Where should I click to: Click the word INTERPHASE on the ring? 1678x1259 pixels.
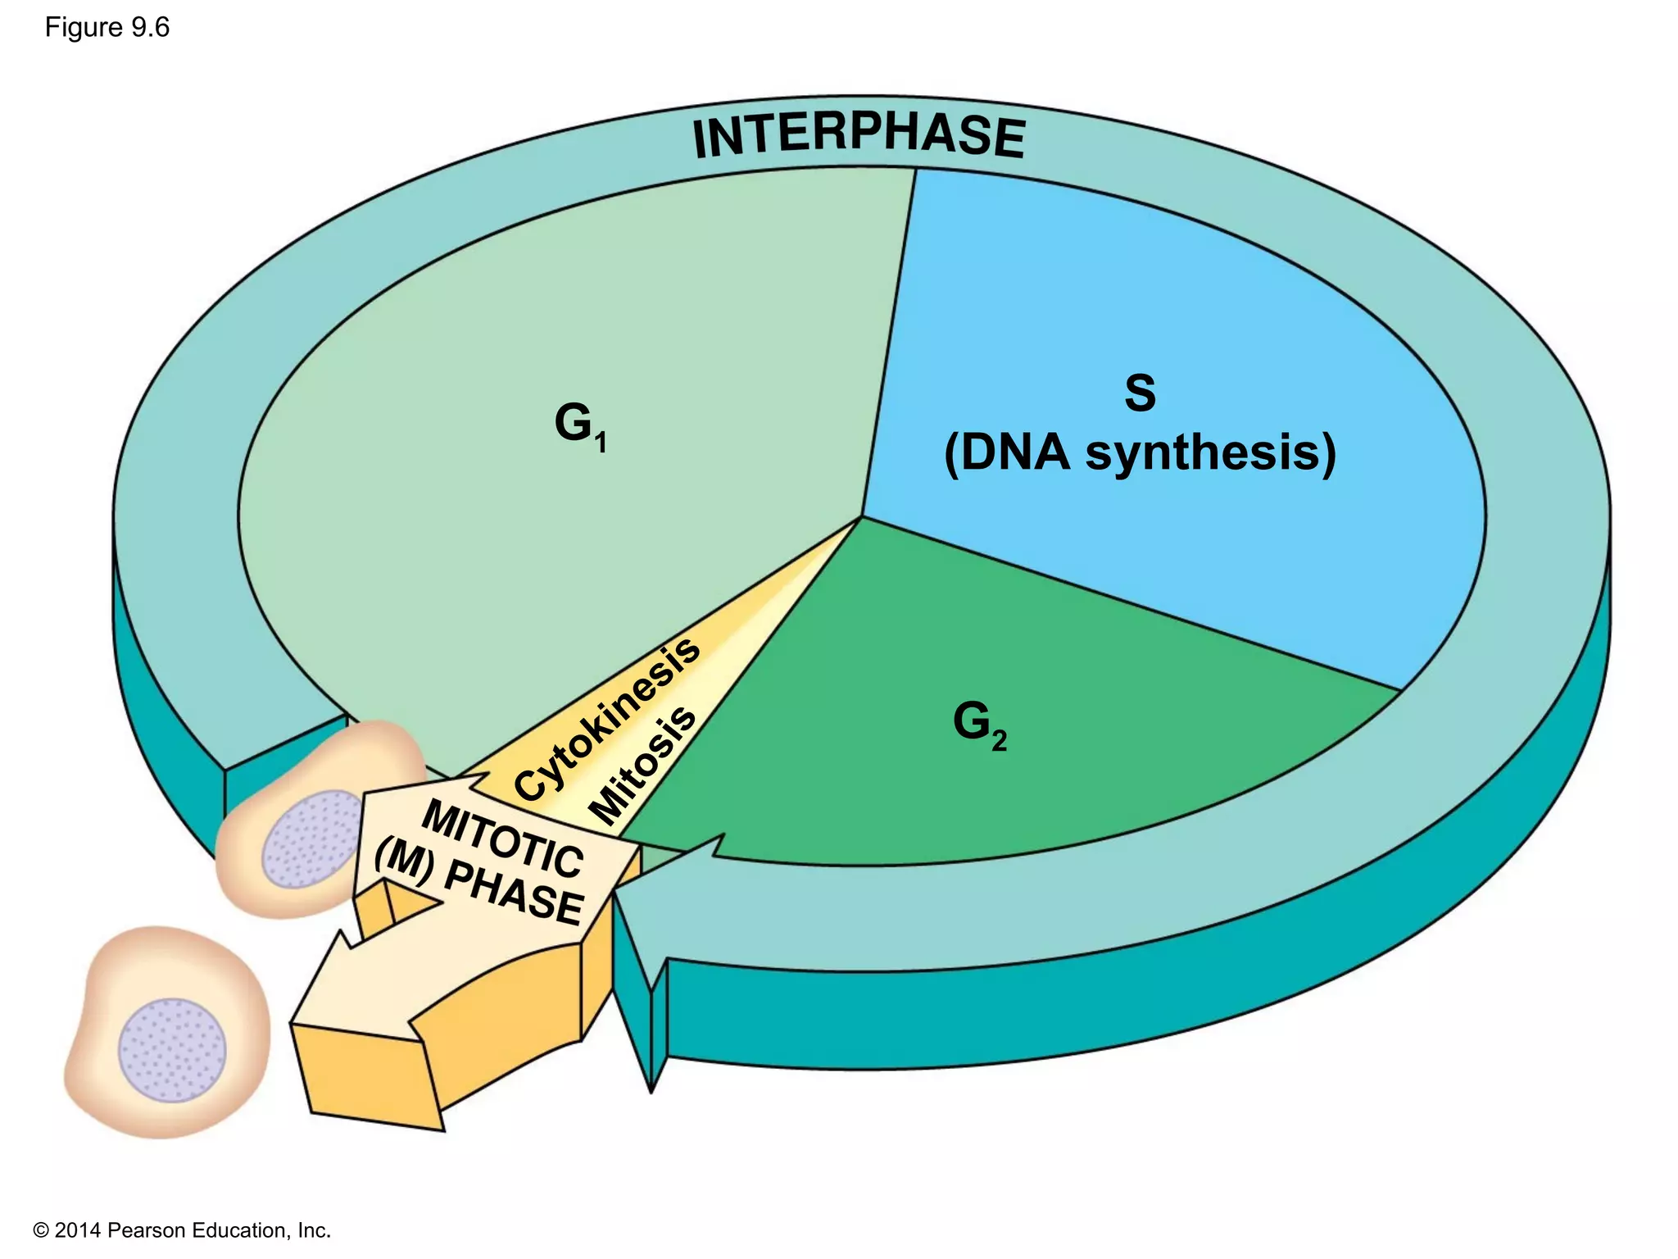(x=858, y=135)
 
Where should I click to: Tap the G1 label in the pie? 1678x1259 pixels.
(x=579, y=425)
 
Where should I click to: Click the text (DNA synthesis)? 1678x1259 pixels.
(x=1140, y=453)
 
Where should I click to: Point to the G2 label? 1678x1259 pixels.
(x=979, y=724)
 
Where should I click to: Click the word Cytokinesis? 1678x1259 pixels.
(x=607, y=719)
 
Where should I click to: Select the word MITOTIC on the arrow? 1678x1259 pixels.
(x=502, y=839)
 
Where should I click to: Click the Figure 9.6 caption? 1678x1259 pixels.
(x=107, y=27)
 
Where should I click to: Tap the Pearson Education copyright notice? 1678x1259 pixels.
(x=182, y=1230)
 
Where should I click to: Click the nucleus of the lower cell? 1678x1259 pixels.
(x=172, y=1050)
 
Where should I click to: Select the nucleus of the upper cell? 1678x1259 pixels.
(x=311, y=839)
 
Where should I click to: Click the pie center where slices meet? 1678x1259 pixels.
(x=862, y=517)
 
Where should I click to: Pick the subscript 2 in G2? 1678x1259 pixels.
(x=999, y=742)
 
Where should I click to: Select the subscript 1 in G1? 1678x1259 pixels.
(x=601, y=443)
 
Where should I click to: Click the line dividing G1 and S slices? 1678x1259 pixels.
(x=889, y=344)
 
